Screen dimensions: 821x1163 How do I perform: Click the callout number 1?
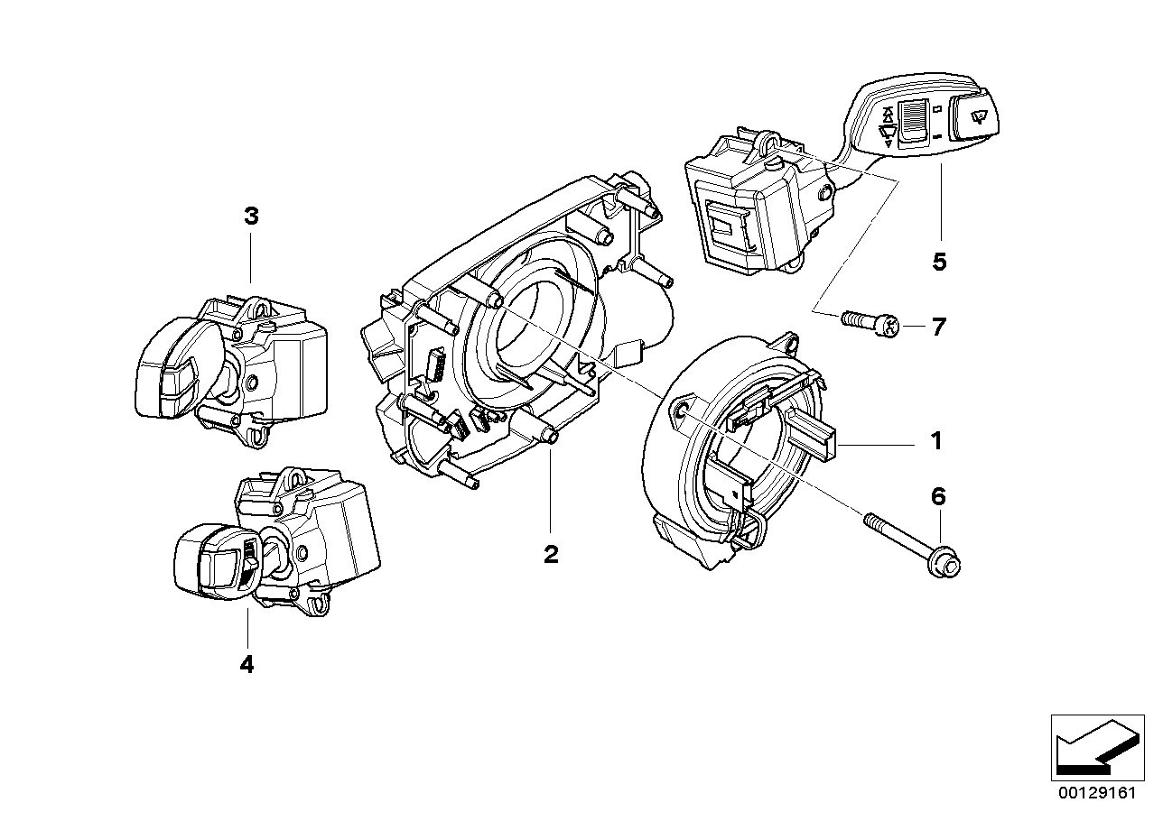point(936,441)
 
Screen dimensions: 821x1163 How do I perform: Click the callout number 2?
point(551,554)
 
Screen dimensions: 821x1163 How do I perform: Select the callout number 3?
point(250,216)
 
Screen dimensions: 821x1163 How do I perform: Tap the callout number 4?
point(247,665)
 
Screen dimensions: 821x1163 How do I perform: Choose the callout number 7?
point(938,327)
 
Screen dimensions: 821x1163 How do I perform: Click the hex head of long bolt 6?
point(948,564)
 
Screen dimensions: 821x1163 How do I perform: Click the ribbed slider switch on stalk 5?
point(916,120)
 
